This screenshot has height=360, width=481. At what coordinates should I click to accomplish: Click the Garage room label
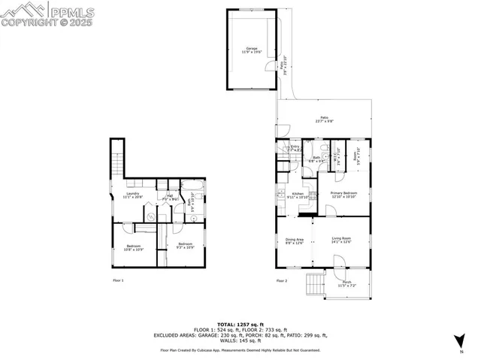[240, 50]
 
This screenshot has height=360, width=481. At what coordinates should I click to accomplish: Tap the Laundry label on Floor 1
[132, 195]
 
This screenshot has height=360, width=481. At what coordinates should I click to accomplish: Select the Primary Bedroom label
[344, 194]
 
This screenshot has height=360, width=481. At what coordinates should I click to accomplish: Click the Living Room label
[341, 241]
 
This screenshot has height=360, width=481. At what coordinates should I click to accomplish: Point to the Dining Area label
[294, 241]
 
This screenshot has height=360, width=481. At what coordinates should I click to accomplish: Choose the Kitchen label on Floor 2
[297, 195]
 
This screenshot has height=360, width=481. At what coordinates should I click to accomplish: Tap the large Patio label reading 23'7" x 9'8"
[324, 119]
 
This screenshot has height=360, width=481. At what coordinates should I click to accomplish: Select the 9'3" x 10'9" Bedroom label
[185, 244]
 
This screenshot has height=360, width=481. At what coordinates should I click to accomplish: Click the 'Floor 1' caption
[117, 280]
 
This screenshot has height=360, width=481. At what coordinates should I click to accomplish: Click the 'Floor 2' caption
[281, 280]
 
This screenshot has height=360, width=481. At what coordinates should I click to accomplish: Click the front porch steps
[313, 284]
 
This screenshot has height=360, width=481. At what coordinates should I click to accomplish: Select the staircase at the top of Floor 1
[116, 162]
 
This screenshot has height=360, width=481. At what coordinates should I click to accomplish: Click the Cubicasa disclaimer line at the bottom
[240, 349]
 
